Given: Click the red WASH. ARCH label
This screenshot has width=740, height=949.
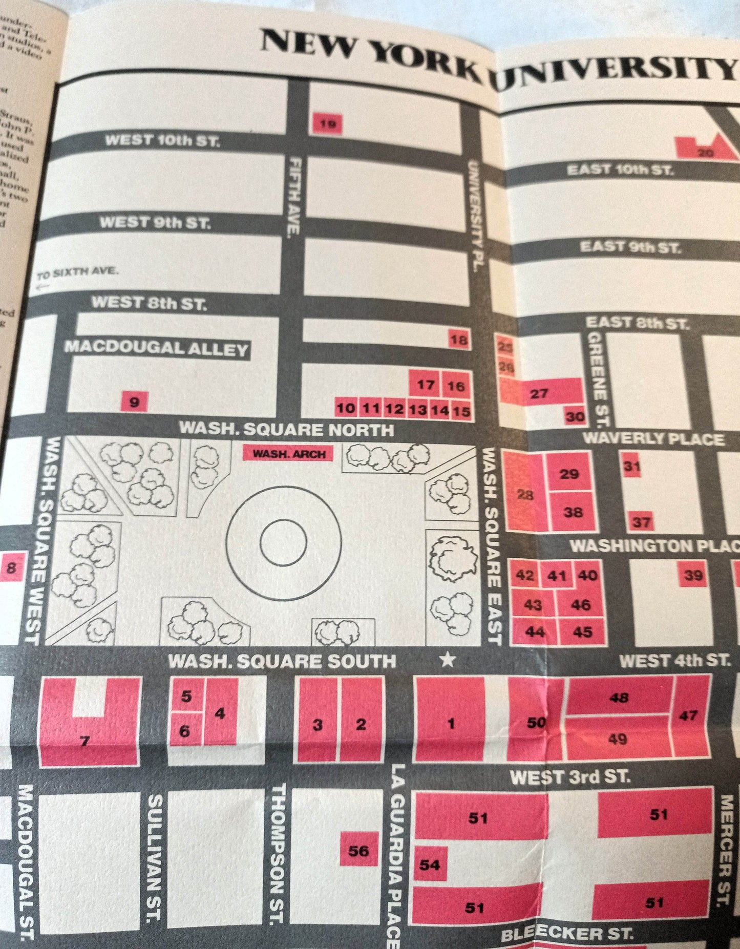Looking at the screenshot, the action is point(289,453).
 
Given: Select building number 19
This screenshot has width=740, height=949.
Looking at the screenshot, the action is point(326,123).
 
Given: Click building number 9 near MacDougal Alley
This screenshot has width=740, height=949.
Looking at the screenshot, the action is point(134,402).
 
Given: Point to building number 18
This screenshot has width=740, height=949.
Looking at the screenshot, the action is point(459,340).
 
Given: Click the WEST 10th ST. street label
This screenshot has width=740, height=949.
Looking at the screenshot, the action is point(162,140).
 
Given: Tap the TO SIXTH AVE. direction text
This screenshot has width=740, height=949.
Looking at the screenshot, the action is point(77,273).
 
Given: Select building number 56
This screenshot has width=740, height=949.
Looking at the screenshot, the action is point(358,851).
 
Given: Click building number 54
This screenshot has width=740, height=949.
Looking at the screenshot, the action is point(430,864).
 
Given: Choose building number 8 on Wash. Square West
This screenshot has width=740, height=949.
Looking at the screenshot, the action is point(12,567).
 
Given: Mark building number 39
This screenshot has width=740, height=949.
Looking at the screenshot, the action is point(693,575).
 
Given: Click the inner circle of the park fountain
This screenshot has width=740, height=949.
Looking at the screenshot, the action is point(283,542).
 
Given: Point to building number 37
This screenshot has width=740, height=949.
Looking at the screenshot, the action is point(641,522).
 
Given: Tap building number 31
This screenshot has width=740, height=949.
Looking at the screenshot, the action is point(632,466).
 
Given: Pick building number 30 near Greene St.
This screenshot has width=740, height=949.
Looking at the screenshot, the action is point(575,416).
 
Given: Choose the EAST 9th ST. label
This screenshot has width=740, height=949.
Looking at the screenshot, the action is point(630,247).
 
